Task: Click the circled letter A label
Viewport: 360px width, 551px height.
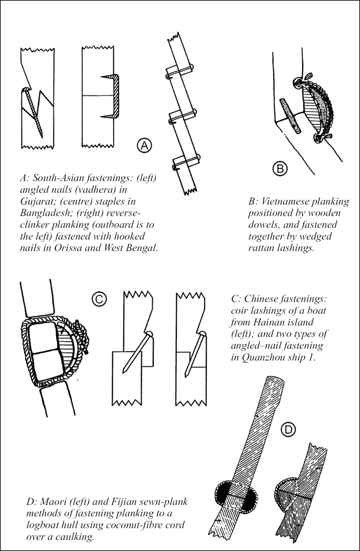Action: click(145, 144)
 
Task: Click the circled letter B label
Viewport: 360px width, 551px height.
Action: click(280, 169)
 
